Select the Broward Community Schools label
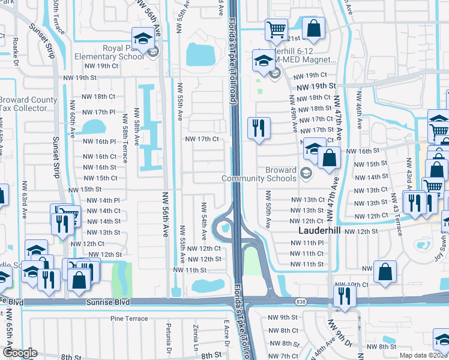(x=260, y=174)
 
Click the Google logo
(x=20, y=353)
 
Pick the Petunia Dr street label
(x=169, y=340)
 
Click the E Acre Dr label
(x=226, y=332)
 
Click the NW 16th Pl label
(x=100, y=142)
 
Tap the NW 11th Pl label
(x=307, y=243)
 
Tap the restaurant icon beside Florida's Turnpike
(x=259, y=128)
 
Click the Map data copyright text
(x=423, y=355)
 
